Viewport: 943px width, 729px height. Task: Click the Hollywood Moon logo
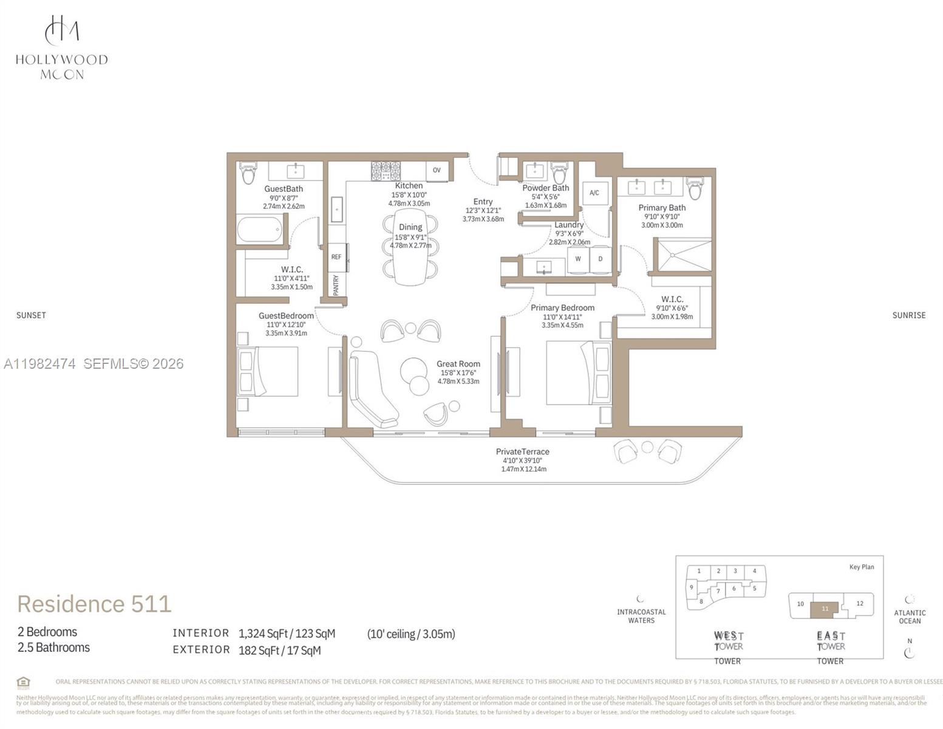point(62,47)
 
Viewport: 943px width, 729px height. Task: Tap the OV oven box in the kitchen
point(437,171)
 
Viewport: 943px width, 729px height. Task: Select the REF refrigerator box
point(336,257)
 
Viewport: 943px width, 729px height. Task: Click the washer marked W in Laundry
point(578,259)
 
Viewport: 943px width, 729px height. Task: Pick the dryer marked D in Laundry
point(601,259)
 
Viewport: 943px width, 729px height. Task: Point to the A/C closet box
point(594,193)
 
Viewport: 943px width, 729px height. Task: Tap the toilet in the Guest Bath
point(248,173)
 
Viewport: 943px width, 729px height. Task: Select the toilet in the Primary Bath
point(695,188)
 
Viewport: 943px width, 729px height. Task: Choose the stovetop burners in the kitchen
point(386,171)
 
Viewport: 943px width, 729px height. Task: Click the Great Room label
point(458,364)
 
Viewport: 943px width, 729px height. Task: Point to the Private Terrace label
point(522,451)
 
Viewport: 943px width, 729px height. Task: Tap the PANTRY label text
point(336,284)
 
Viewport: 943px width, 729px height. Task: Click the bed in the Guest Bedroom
point(268,371)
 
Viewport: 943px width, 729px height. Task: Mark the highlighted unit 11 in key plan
point(825,609)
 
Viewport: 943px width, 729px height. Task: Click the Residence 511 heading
point(94,604)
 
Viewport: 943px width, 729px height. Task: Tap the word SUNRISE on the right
point(908,315)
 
